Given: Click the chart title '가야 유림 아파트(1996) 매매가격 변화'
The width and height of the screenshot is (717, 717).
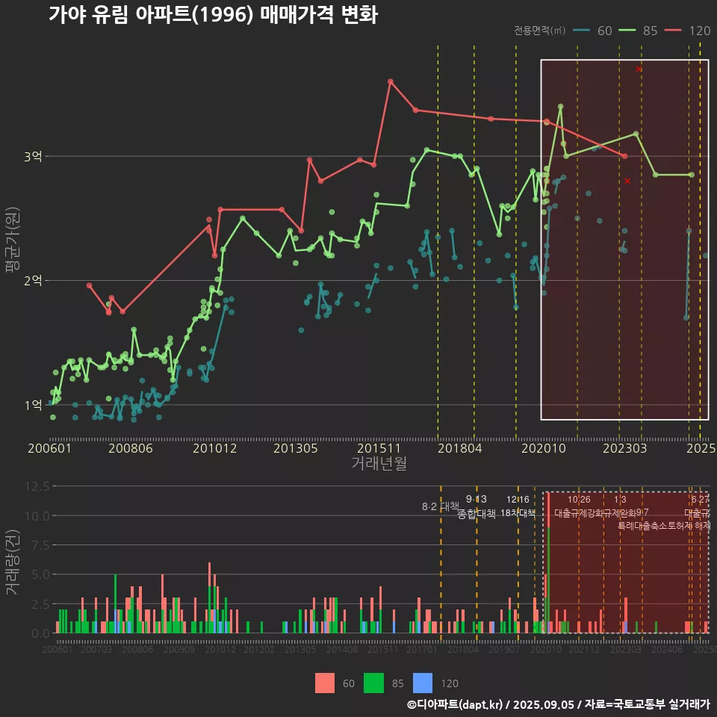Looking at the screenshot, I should coord(213,15).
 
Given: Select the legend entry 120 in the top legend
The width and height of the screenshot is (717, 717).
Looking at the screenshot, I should coord(699,31).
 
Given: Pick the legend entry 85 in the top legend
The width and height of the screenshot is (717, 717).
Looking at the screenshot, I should coord(650,31).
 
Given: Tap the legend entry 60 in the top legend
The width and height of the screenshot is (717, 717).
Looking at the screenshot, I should coord(604,31).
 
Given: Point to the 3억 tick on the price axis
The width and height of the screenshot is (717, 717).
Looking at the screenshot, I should coord(33,156).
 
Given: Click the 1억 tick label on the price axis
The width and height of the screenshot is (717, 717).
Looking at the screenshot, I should coord(33,405).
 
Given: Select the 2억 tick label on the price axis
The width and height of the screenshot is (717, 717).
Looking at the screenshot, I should coord(33,280).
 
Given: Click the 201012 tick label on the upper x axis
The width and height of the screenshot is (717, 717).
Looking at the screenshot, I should coord(214,449).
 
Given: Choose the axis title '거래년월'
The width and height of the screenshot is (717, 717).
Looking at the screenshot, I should coord(379,463).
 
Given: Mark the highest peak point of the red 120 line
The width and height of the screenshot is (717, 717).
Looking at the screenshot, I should coord(390,81).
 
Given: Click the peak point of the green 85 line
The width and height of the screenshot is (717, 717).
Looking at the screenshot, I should coord(560,107).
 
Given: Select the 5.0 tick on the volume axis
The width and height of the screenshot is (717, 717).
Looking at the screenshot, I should coord(40,574).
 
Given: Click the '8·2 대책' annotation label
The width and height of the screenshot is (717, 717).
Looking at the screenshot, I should coord(440,506).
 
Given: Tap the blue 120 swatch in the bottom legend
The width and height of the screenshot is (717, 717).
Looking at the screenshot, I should coord(423,683).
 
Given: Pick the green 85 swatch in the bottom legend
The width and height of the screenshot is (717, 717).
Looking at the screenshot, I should coord(373,683).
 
